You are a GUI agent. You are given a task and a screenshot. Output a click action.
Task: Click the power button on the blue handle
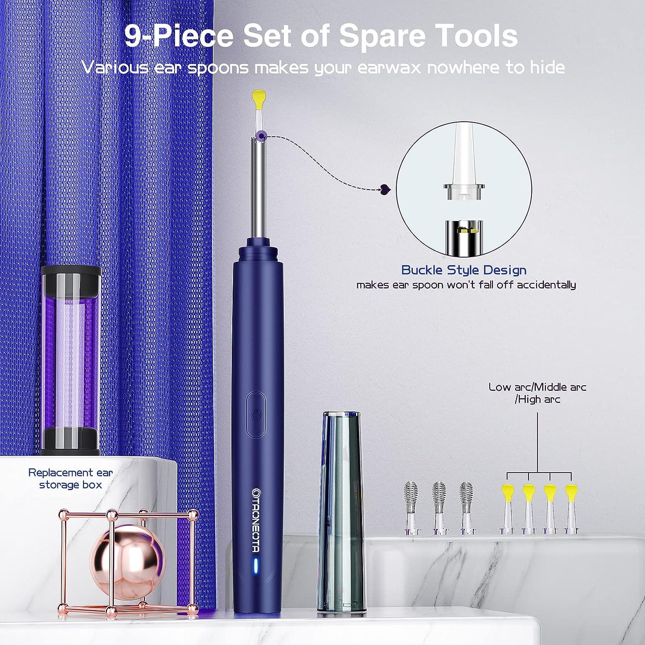tap(256, 414)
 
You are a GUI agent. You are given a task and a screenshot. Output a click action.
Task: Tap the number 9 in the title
tap(133, 36)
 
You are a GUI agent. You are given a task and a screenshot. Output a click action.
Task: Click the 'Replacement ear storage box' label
tap(71, 478)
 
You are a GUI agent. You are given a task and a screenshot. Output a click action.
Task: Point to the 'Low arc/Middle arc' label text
tap(537, 387)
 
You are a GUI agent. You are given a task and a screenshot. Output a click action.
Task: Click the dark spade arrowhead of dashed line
tap(384, 188)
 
